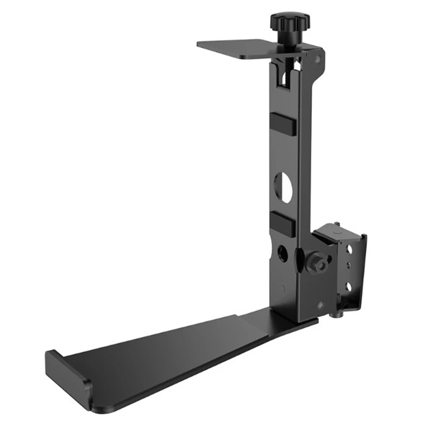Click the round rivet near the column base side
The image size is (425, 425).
320,305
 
